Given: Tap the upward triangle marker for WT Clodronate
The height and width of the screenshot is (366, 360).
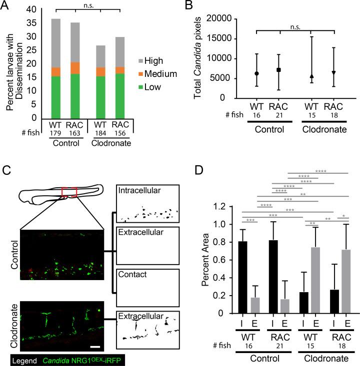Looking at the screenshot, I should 311,76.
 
